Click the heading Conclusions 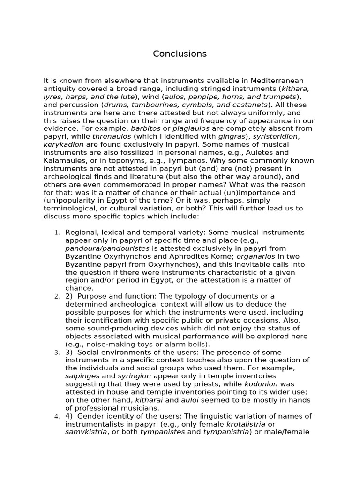(180, 54)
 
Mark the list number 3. (57, 352)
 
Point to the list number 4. (57, 416)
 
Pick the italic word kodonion (263, 384)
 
